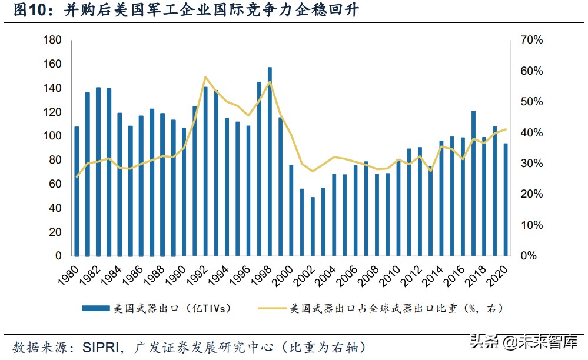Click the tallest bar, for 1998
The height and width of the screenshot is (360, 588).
270,162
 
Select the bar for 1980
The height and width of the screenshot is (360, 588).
77,191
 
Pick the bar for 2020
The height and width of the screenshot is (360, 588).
506,199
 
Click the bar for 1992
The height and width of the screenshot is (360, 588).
205,171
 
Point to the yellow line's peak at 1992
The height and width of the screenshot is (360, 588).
205,77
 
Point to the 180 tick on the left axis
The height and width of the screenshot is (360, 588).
54,40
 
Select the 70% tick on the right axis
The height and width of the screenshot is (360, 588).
531,40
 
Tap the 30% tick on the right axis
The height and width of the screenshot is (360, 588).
531,164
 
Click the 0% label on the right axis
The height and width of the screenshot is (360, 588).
528,256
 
